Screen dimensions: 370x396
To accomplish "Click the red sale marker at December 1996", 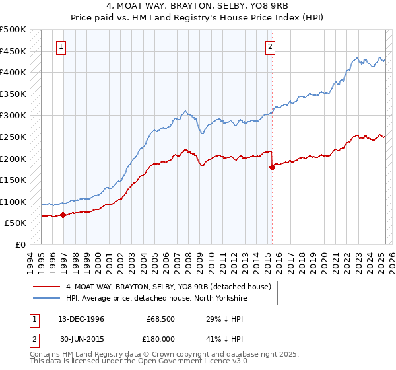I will point(63,215).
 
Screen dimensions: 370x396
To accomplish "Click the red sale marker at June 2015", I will point(271,167).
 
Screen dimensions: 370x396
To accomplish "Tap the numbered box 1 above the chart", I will point(61,46).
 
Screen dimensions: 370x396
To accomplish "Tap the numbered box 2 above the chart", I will point(271,46).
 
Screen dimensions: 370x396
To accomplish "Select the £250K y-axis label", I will point(13,137).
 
